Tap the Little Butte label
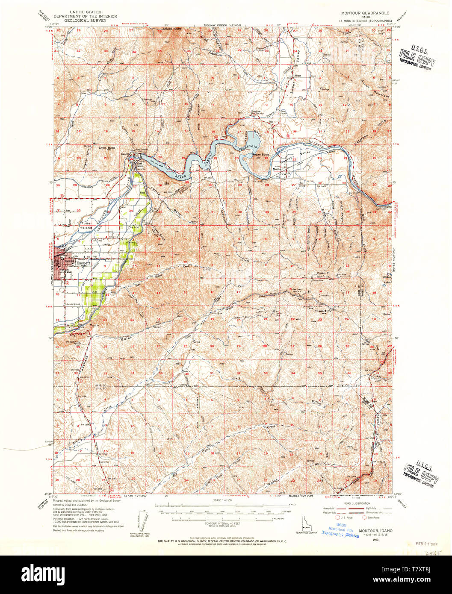(107, 148)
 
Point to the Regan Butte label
(260, 154)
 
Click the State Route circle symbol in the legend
(365, 517)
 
